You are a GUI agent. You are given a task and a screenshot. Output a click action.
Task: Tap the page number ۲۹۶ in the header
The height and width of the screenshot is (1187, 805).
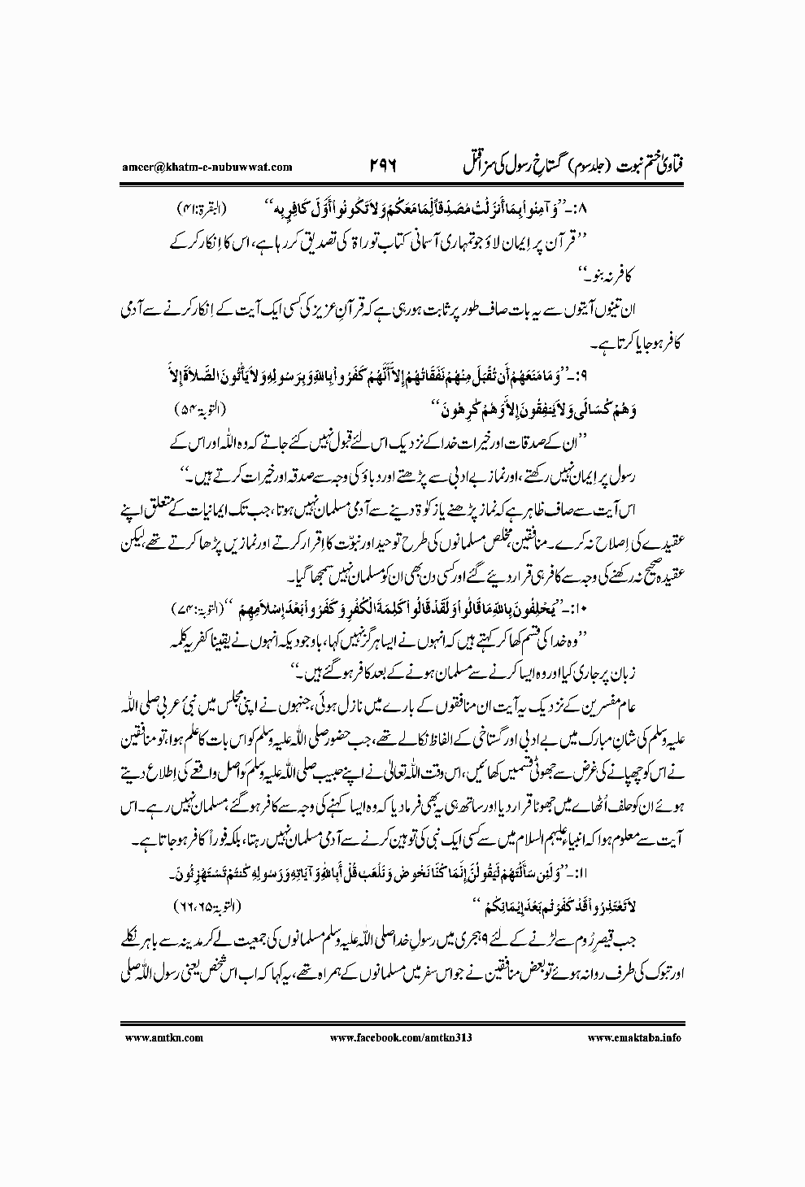pyautogui.click(x=371, y=167)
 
